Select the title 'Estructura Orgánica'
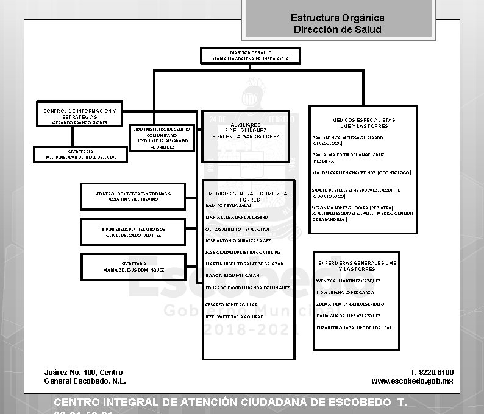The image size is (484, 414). (337, 18)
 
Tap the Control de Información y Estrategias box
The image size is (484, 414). (79, 116)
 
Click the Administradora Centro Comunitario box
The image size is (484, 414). (162, 138)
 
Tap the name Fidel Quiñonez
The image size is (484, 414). (245, 130)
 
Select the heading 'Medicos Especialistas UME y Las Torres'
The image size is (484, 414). (363, 123)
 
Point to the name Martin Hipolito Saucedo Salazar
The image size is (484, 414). (244, 264)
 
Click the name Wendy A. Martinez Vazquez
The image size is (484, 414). (348, 281)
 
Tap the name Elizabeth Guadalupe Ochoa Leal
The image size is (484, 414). (355, 328)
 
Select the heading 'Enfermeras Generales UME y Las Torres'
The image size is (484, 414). (357, 265)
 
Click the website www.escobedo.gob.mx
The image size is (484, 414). (412, 381)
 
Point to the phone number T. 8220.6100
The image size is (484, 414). (432, 372)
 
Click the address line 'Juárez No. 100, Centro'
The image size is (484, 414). (84, 372)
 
